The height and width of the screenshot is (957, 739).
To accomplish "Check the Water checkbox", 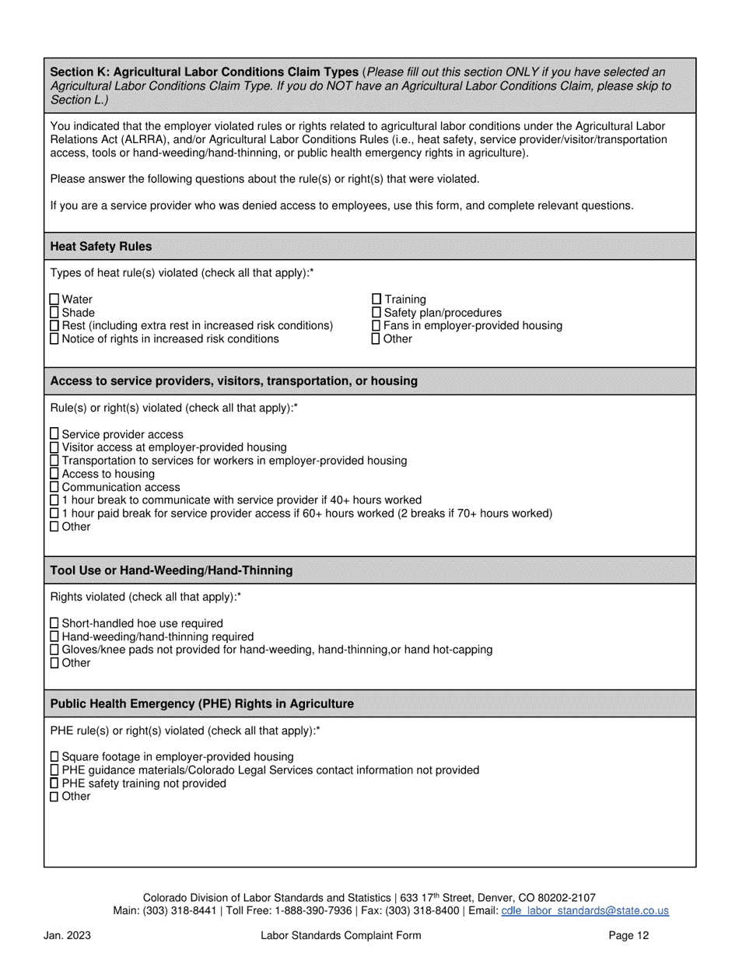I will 54,299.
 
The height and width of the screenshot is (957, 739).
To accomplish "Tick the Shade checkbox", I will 54,312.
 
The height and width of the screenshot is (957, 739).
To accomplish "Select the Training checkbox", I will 377,299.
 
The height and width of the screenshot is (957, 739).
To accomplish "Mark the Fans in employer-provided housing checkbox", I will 377,325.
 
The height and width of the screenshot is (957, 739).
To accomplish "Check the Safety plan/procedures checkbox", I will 377,312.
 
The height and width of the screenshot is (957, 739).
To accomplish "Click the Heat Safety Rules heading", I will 101,247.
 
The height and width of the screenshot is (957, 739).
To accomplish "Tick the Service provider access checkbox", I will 54,434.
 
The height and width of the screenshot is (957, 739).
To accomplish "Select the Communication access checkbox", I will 54,487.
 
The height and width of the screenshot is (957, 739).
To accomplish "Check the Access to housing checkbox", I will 54,474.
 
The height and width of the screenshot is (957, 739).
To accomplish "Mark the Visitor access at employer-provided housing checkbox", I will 54,447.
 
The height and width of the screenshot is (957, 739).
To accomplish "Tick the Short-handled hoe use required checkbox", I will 54,623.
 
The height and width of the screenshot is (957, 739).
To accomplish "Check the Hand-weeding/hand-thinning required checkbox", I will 54,636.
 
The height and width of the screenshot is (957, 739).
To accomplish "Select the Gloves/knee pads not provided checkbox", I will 54,650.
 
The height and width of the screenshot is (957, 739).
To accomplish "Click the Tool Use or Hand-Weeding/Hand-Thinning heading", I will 171,570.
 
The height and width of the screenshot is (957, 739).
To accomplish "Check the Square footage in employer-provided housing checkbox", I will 54,756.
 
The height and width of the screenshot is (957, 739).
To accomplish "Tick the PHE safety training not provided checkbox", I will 54,783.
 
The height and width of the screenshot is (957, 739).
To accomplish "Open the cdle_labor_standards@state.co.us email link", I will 585,910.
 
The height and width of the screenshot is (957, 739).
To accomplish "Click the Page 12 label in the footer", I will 629,936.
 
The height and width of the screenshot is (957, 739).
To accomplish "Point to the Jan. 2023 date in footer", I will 67,936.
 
